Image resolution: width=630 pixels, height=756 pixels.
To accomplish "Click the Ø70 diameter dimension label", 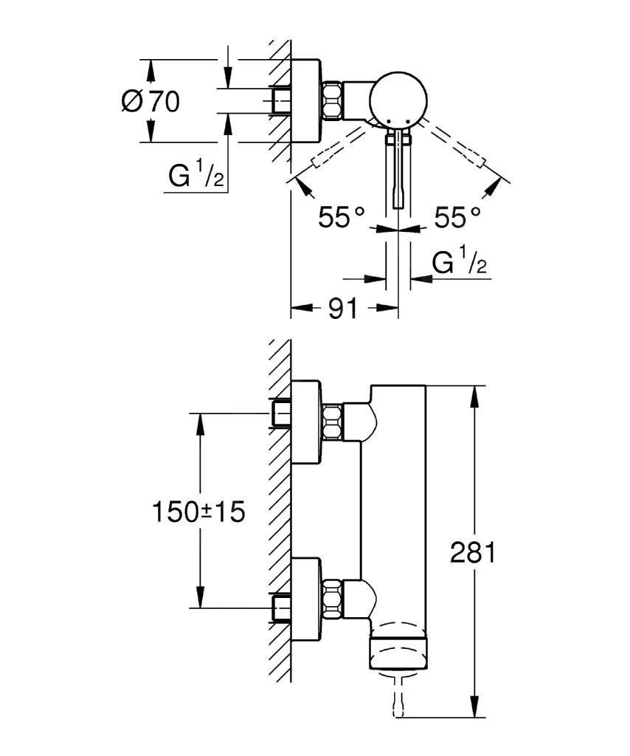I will (x=150, y=101).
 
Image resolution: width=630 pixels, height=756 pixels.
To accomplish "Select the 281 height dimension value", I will (x=473, y=551).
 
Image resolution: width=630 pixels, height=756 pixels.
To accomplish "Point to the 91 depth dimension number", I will (x=342, y=309).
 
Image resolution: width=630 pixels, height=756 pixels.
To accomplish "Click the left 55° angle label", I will (x=342, y=217).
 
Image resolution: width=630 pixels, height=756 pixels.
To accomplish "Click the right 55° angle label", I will (x=457, y=217).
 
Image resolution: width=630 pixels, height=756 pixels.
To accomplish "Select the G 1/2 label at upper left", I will (x=195, y=176).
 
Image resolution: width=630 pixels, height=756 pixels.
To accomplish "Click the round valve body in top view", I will (x=398, y=99).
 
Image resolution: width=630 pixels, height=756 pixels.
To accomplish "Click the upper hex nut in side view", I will (x=333, y=423).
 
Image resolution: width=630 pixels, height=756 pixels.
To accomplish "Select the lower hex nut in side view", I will (x=333, y=598).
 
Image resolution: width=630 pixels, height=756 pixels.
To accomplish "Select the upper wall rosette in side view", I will (x=306, y=422).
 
